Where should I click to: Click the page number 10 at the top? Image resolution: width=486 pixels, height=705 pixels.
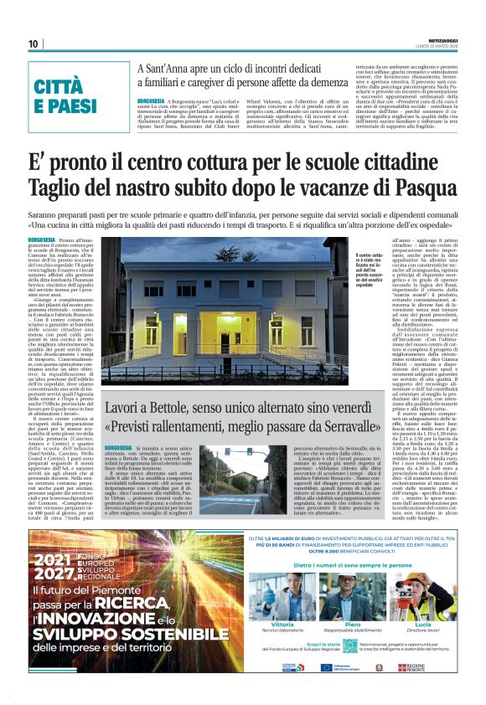pos(34,44)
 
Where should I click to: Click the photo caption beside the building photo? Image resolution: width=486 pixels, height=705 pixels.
pos(369,272)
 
